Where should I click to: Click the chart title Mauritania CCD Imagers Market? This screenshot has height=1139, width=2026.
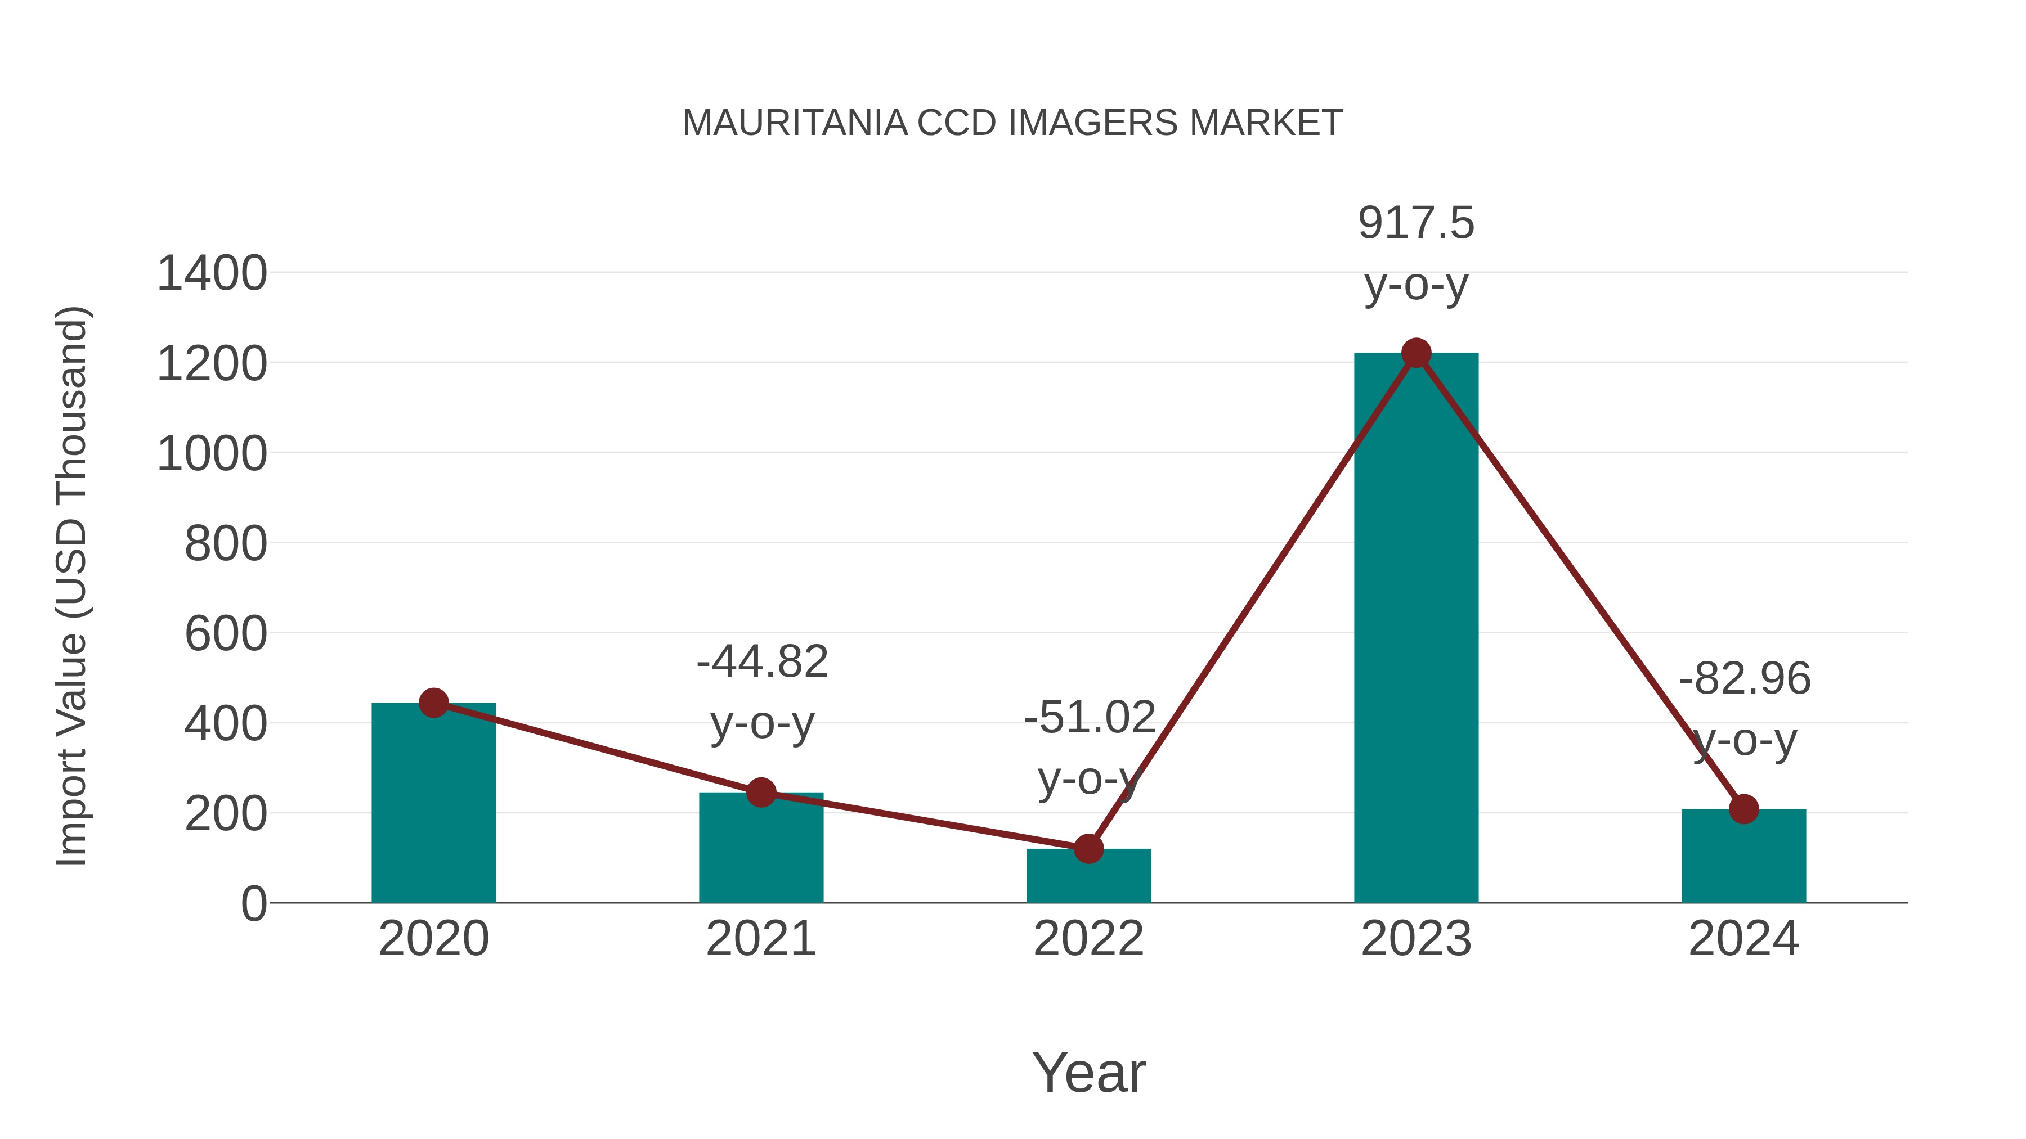(1012, 123)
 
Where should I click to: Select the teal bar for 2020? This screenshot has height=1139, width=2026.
(433, 809)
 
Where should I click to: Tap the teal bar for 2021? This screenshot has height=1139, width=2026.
(760, 853)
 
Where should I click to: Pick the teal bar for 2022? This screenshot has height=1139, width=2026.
(1088, 878)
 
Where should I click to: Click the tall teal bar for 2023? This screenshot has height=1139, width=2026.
(1416, 629)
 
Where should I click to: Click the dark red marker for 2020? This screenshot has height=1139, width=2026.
(433, 703)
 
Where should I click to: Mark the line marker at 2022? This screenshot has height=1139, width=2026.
(1088, 849)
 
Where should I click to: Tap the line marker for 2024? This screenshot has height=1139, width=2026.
(1743, 809)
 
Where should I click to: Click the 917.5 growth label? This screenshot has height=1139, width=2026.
(1416, 223)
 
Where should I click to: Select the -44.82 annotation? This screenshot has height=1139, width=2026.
(762, 662)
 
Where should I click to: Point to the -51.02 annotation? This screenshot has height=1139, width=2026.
(1090, 718)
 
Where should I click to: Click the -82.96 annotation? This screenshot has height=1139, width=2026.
(1745, 679)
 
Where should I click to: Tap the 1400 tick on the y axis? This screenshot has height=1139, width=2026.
(212, 274)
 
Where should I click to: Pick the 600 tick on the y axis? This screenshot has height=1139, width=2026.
(226, 634)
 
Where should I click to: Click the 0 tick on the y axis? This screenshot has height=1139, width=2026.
(253, 904)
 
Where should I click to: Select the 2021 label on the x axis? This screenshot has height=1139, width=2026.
(760, 939)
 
